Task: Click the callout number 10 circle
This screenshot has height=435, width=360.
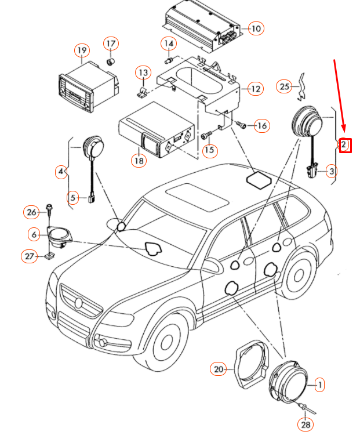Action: coord(256,27)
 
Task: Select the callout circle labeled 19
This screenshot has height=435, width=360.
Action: coord(82,50)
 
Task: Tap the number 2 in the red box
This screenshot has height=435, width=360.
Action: coord(344,144)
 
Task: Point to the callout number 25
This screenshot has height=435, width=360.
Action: coord(283,86)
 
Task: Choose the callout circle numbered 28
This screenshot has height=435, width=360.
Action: coord(305,425)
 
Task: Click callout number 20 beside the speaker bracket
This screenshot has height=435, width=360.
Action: coord(218,369)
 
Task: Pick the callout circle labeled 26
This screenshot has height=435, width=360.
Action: coord(31,212)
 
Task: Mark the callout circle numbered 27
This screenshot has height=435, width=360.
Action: coord(29,256)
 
